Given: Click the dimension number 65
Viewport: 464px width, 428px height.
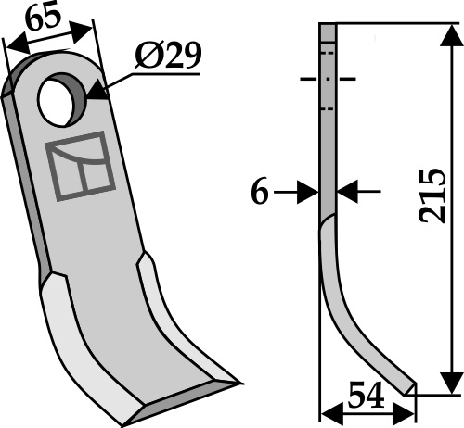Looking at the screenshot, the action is (43, 18).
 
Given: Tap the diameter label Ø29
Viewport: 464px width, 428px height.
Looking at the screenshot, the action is (168, 56).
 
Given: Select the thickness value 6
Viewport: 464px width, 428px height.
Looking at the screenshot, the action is (260, 193).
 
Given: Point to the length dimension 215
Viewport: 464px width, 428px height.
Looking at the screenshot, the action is (432, 195).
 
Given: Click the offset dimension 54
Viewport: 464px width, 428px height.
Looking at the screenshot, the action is (366, 394).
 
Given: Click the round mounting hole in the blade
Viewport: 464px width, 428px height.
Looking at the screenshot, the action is (58, 100).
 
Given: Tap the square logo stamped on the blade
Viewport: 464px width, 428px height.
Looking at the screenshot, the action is (81, 166).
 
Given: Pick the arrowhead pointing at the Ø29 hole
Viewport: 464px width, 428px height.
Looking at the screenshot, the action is (98, 90).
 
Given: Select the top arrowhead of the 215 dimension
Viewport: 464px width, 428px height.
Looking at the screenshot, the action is (452, 36).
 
